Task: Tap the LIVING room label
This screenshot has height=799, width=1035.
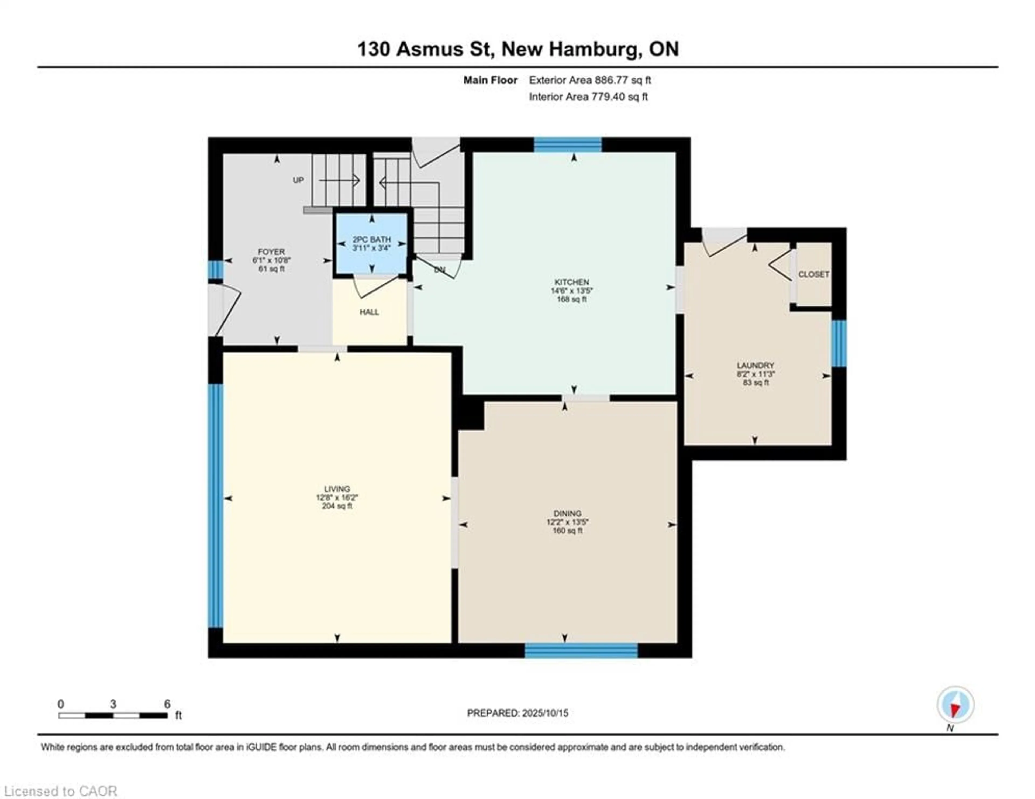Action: (x=337, y=489)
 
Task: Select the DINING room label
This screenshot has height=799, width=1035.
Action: (x=567, y=513)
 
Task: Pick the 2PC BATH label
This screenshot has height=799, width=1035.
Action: (x=371, y=239)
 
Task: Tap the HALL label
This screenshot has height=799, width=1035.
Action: (x=369, y=312)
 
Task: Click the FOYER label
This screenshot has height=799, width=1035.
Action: (x=271, y=252)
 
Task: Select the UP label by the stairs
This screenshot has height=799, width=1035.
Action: (x=298, y=180)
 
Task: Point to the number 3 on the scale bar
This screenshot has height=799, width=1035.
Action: (x=113, y=704)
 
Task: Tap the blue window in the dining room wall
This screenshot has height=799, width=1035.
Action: (x=581, y=651)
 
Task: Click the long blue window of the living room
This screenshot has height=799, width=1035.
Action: (x=216, y=506)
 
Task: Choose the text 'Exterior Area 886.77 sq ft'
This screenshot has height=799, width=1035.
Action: (x=590, y=80)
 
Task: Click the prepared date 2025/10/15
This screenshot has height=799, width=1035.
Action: (x=545, y=713)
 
